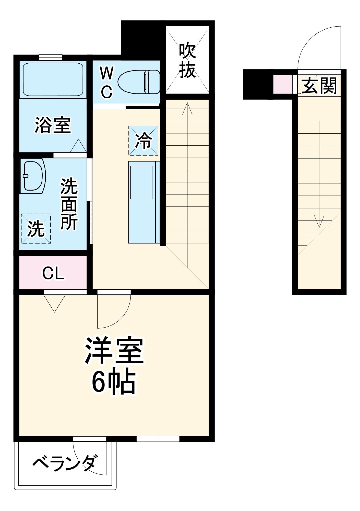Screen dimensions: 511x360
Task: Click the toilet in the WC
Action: point(139,82)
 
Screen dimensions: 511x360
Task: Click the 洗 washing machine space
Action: point(36,228)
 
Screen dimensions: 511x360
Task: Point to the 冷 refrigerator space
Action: point(143,141)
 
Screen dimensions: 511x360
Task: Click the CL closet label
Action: point(53,273)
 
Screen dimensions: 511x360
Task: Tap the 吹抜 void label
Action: point(187,61)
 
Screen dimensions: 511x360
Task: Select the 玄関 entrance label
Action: point(319,86)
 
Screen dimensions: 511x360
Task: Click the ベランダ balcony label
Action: point(65,462)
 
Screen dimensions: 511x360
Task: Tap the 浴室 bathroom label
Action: point(53,125)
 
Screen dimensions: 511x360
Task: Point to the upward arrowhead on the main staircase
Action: point(187,108)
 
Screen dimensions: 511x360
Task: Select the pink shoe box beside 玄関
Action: point(282,85)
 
